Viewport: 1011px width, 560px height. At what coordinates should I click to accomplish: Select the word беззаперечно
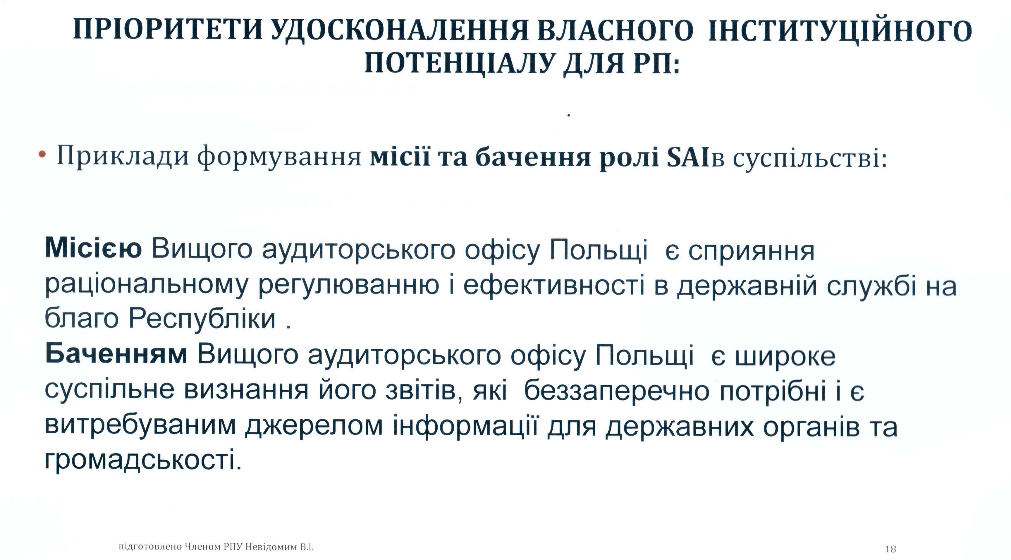[x=617, y=391]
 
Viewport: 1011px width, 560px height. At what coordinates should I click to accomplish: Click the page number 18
[x=890, y=549]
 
